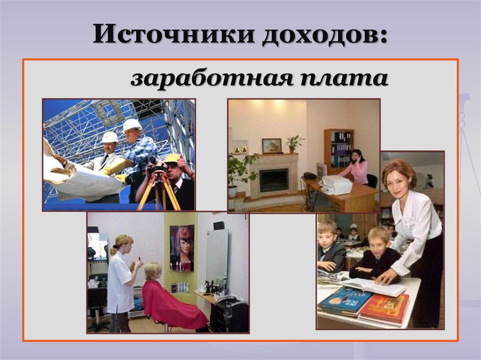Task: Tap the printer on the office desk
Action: pyautogui.click(x=336, y=184)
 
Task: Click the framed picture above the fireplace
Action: pyautogui.click(x=272, y=146)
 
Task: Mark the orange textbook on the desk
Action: pyautogui.click(x=384, y=307)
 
